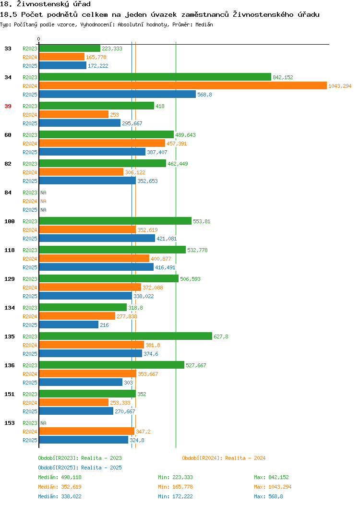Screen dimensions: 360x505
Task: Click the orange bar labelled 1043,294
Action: click(183, 85)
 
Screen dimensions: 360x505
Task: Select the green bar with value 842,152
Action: click(155, 77)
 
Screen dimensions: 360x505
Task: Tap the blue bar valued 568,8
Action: click(118, 95)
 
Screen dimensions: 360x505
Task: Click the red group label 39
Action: click(8, 106)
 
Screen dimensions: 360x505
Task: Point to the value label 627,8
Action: click(221, 337)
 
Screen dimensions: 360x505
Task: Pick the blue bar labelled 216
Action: click(69, 325)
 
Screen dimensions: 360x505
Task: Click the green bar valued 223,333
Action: click(70, 48)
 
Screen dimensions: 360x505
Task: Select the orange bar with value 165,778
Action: click(62, 57)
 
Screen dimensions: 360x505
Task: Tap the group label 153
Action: click(10, 423)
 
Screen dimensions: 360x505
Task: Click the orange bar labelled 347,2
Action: click(87, 431)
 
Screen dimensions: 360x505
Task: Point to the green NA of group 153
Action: click(44, 423)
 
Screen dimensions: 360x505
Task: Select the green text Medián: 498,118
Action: click(60, 477)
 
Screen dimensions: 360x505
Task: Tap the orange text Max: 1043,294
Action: click(273, 487)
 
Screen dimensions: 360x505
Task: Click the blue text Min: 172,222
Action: click(175, 497)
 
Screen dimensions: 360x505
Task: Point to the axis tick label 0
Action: click(39, 39)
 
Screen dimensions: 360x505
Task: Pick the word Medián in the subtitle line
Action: click(204, 24)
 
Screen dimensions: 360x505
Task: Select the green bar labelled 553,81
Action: click(115, 221)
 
